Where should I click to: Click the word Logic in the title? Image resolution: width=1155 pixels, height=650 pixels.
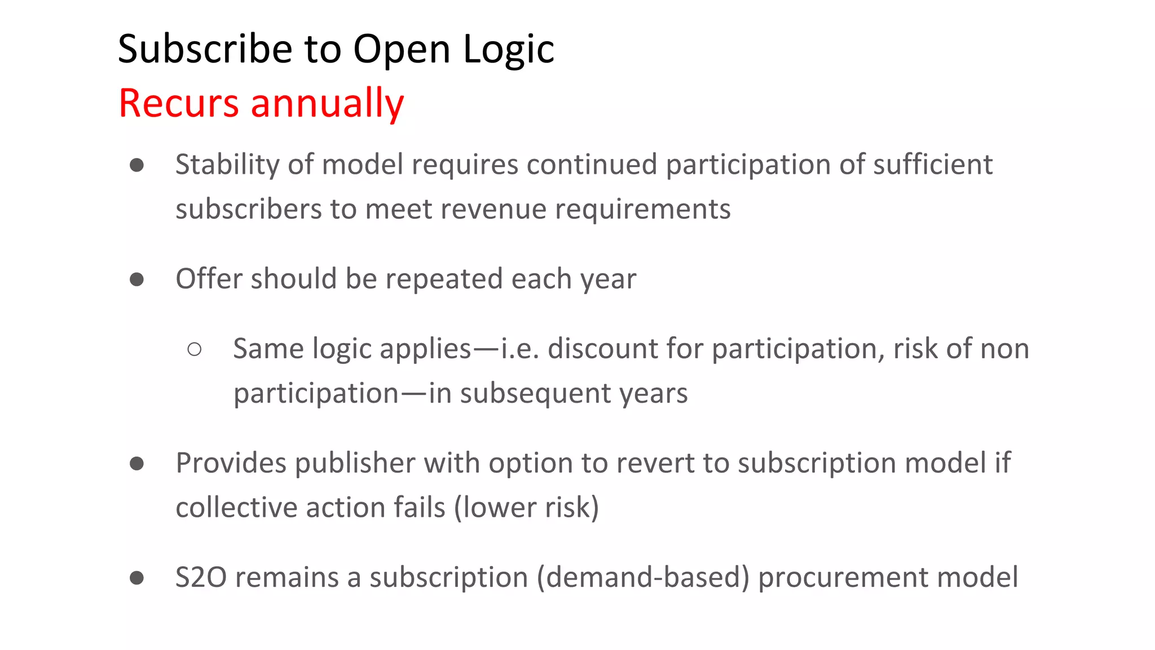509,49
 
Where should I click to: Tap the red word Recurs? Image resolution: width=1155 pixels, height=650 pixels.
179,103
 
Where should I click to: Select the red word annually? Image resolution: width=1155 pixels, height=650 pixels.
327,103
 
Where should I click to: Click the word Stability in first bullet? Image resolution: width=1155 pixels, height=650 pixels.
227,165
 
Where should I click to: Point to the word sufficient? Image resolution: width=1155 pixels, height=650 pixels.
932,165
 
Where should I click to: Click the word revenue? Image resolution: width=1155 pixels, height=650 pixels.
493,209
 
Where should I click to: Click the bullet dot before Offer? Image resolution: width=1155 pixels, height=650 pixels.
136,279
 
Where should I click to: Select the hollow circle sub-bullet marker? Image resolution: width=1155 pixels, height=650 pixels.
195,349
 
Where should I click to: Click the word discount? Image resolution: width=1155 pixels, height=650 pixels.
602,349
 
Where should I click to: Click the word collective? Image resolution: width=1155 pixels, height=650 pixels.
237,507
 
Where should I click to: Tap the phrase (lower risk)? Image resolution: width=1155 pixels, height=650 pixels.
526,507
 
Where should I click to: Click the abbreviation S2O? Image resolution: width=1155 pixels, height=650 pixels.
201,577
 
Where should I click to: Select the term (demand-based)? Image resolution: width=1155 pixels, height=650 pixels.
643,577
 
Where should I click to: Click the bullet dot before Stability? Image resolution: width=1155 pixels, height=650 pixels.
136,165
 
